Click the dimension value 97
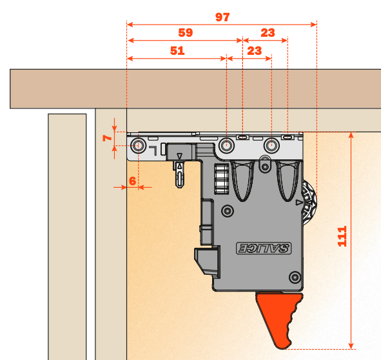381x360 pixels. (x=222, y=17)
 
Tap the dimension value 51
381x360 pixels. (x=177, y=50)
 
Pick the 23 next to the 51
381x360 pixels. (x=254, y=50)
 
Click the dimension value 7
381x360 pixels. (x=108, y=137)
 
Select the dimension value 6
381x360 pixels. (x=132, y=181)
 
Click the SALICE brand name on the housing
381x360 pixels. (x=265, y=248)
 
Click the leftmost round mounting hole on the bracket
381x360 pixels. (x=137, y=146)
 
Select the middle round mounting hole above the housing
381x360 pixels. (x=226, y=146)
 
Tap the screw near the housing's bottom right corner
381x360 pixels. (x=293, y=274)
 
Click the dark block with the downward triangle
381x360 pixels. (x=182, y=152)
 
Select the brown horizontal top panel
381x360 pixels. (x=193, y=88)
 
